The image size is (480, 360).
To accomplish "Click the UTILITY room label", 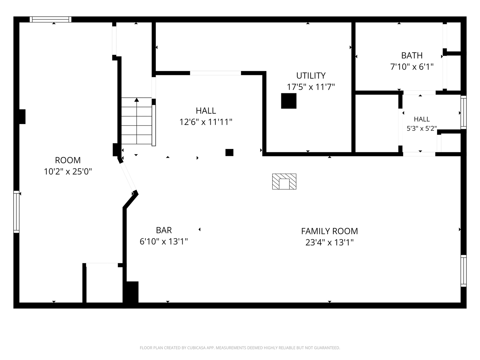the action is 311,76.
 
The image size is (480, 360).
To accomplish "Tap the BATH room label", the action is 412,56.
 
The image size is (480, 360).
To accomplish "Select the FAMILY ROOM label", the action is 329,231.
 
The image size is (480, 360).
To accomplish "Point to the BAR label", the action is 164,230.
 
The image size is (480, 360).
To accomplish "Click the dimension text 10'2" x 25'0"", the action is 68,172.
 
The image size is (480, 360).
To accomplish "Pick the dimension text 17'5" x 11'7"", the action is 311,87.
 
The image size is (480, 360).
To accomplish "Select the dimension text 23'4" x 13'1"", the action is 329,242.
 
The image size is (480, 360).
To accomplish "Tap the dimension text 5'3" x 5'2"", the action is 422,128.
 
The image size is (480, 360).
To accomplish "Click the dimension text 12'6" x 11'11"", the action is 206,122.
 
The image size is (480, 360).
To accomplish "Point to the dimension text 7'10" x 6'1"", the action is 412,67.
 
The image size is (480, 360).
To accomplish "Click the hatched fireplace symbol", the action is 284,181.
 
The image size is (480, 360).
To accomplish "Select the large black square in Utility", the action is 289,101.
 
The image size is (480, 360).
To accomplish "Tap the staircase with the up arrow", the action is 137,121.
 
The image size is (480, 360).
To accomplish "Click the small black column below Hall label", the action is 229,152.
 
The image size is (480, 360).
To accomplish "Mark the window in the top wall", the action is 51,19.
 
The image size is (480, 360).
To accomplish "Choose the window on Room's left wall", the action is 16,212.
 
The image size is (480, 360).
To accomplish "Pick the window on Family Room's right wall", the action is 463,271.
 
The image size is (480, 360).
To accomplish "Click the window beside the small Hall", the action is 463,112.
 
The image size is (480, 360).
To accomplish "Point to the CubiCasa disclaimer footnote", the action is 240,348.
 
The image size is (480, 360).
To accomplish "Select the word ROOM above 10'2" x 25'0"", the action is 68,160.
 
